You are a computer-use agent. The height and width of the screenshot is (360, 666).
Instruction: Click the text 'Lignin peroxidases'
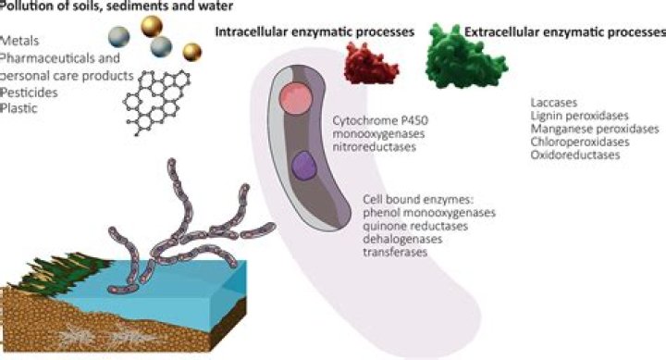tap(575, 116)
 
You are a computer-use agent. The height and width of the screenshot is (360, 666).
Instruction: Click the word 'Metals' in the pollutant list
tap(21, 42)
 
